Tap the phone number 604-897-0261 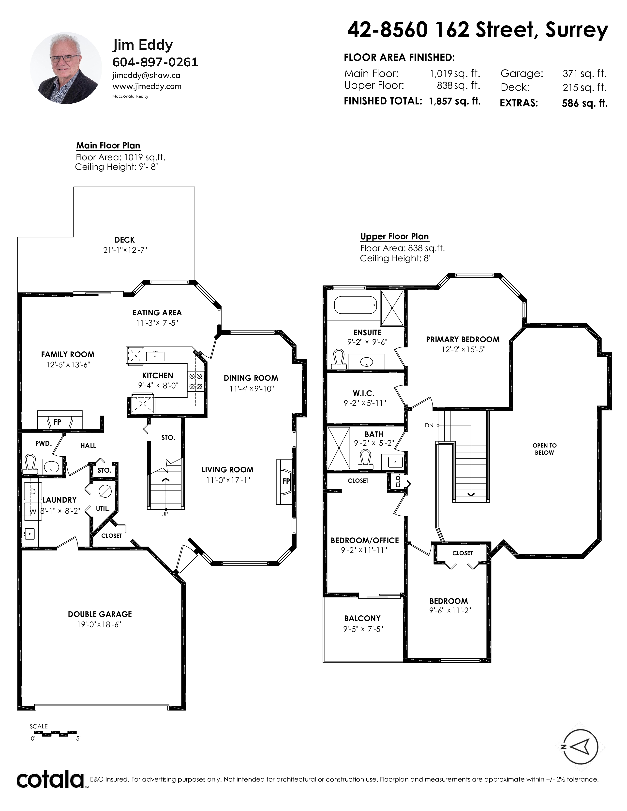pos(155,62)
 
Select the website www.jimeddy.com pos(147,86)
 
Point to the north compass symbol pos(581,747)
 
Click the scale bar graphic pos(54,733)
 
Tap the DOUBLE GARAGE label pos(100,614)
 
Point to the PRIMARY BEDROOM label pos(463,339)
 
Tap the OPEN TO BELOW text pos(545,449)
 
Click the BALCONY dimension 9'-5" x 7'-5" pos(363,629)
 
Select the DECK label pos(124,240)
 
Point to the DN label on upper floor pos(429,426)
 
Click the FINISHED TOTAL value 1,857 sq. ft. pos(455,101)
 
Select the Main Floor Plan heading pos(108,145)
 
